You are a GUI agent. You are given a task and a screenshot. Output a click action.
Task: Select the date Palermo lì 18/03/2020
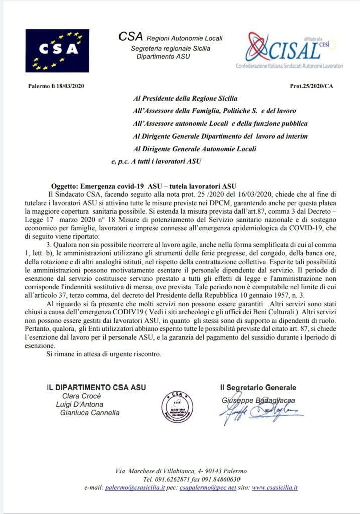click(x=56, y=86)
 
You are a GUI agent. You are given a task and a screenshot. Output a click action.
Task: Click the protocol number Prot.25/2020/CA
click(x=311, y=86)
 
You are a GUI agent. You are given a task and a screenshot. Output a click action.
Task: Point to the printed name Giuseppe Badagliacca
click(x=258, y=400)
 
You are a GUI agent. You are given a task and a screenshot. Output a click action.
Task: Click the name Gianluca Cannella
click(x=90, y=413)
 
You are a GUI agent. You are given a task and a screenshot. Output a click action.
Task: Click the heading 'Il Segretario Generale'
click(x=258, y=388)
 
